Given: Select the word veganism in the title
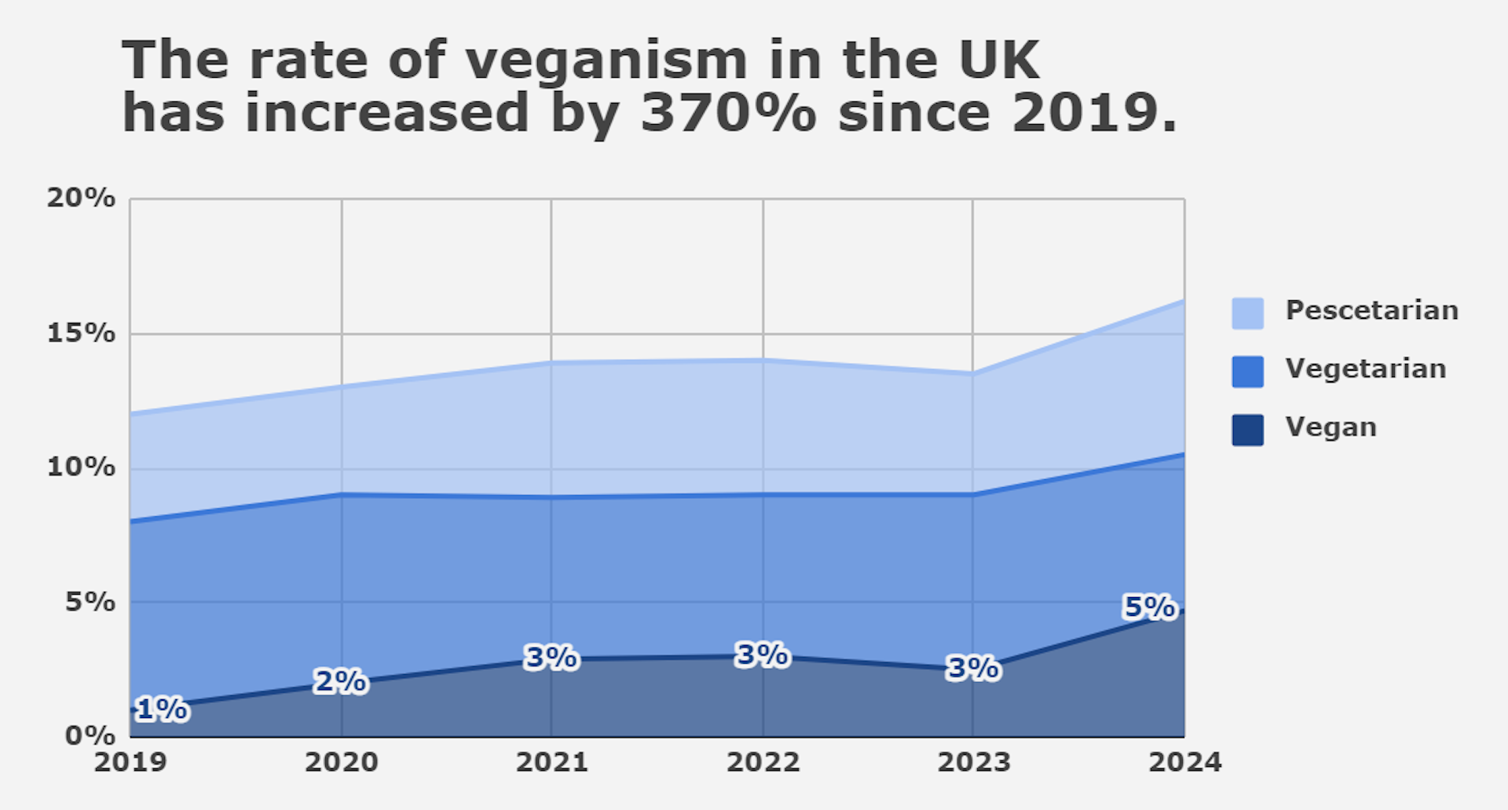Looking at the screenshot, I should pyautogui.click(x=606, y=60).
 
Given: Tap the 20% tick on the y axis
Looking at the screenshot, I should pyautogui.click(x=81, y=198).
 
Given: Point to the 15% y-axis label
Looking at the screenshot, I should pyautogui.click(x=81, y=333).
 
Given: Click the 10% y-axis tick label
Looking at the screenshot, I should pyautogui.click(x=81, y=467).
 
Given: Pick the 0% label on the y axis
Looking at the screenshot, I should pyautogui.click(x=90, y=736).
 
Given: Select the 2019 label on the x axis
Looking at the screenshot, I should pyautogui.click(x=130, y=762).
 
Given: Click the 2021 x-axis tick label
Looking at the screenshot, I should pyautogui.click(x=551, y=762).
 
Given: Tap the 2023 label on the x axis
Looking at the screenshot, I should pyautogui.click(x=973, y=762).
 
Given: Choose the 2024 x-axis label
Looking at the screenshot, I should pyautogui.click(x=1184, y=762).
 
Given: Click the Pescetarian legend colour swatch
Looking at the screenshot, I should pyautogui.click(x=1247, y=313).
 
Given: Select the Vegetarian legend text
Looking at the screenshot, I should pyautogui.click(x=1365, y=368).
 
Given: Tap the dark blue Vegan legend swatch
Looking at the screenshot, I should pyautogui.click(x=1247, y=430).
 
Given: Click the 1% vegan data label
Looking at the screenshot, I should pyautogui.click(x=162, y=709).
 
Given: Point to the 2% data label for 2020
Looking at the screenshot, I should pyautogui.click(x=340, y=681).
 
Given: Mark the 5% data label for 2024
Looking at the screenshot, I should pyautogui.click(x=1149, y=607).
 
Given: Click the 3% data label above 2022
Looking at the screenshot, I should pyautogui.click(x=762, y=654).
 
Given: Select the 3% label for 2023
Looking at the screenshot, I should pyautogui.click(x=973, y=668).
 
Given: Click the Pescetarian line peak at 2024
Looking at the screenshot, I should pyautogui.click(x=1183, y=301).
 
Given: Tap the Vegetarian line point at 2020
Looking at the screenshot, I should pyautogui.click(x=342, y=494).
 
